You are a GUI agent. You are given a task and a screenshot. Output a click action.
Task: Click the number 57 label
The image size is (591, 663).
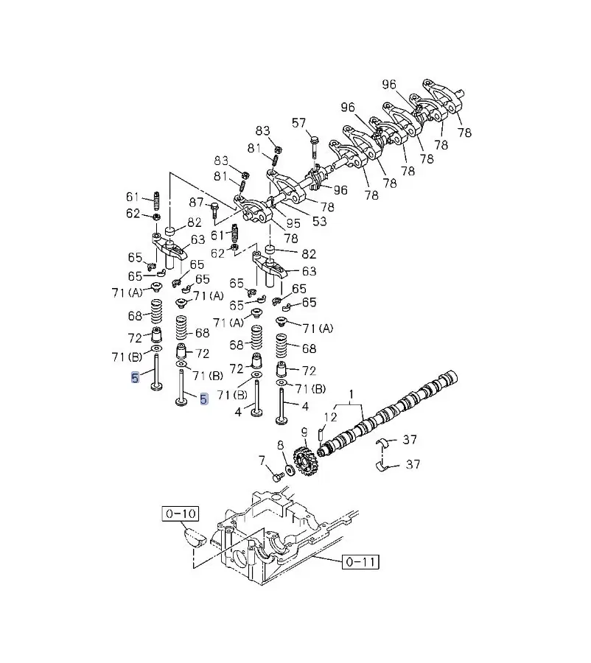click(x=298, y=123)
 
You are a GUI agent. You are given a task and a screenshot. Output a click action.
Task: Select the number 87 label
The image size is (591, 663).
click(x=196, y=203)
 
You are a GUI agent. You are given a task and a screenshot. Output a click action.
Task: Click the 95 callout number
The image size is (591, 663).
click(x=294, y=223)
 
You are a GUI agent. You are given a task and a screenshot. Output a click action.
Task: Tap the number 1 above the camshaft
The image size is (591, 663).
click(x=352, y=396)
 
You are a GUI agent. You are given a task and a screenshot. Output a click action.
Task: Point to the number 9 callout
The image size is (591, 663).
click(x=303, y=431)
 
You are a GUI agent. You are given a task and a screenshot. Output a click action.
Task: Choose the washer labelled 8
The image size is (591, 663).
click(x=288, y=469)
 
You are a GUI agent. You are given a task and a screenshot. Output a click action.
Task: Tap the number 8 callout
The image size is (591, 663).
click(x=280, y=445)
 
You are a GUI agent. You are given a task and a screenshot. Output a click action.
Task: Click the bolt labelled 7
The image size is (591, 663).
click(x=277, y=477)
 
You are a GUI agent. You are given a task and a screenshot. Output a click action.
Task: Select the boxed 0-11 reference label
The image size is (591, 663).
click(x=361, y=562)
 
